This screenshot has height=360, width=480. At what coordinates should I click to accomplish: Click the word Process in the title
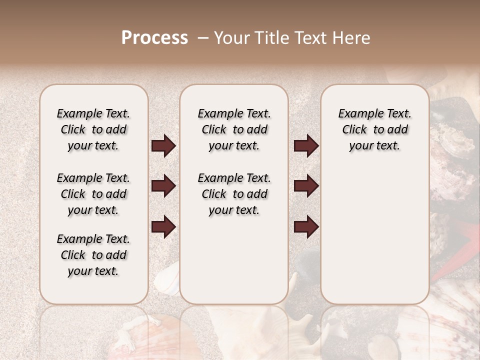(x=154, y=38)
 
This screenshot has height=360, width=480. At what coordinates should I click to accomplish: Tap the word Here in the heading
(x=350, y=38)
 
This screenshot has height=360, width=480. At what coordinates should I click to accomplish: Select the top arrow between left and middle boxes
(x=163, y=146)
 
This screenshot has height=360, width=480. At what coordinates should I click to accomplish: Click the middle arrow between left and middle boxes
(x=163, y=186)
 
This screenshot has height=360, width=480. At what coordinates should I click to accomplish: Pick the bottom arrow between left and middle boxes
(x=163, y=226)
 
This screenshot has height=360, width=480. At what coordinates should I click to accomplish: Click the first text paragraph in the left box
(x=93, y=129)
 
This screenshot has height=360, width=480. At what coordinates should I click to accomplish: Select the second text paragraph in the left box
(x=93, y=194)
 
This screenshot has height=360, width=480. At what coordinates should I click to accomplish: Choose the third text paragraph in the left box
(x=93, y=255)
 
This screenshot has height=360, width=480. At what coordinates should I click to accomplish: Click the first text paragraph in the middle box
(x=234, y=129)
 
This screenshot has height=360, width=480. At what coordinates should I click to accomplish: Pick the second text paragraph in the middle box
(x=234, y=194)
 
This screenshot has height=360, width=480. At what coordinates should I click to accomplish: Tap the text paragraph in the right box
(x=374, y=129)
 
